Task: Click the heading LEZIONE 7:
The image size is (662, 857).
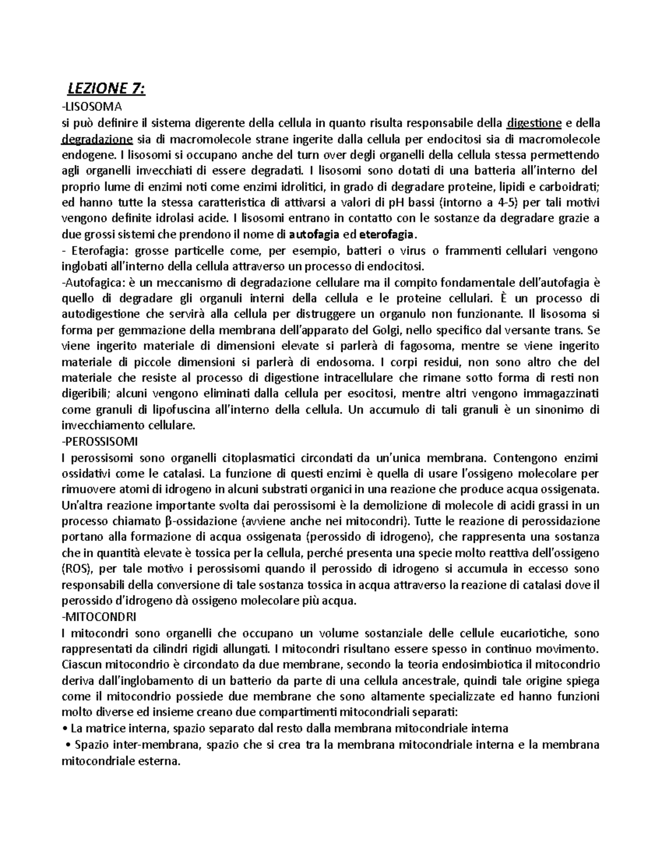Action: click(106, 88)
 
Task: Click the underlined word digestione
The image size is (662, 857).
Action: click(534, 122)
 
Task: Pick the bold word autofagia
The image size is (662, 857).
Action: click(314, 234)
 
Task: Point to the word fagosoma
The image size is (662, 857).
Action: click(423, 346)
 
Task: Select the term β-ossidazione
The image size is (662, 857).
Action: click(203, 521)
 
